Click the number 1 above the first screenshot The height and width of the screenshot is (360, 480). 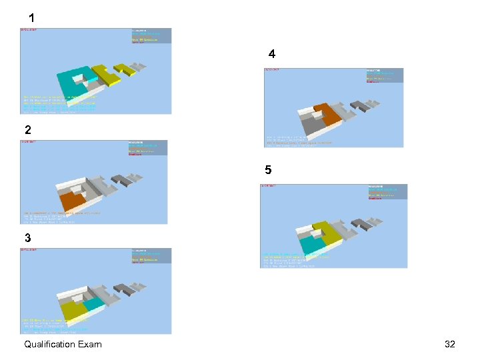point(31,17)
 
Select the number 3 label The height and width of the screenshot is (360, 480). point(27,237)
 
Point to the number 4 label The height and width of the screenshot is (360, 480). point(272,53)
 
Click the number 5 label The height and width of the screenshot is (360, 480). point(268,170)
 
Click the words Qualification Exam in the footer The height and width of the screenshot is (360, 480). point(63,344)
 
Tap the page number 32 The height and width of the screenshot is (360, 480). point(449,344)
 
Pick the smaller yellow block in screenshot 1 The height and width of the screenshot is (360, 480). point(124,67)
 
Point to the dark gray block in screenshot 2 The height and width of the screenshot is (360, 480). point(121,179)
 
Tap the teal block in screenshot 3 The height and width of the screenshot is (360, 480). point(93,304)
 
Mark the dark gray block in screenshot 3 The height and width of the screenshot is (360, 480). point(123,289)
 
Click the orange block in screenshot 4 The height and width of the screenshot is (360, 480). point(327,113)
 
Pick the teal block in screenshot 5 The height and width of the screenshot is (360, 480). point(312,245)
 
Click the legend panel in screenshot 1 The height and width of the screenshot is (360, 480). point(151,36)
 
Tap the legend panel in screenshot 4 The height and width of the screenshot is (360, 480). point(384,75)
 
